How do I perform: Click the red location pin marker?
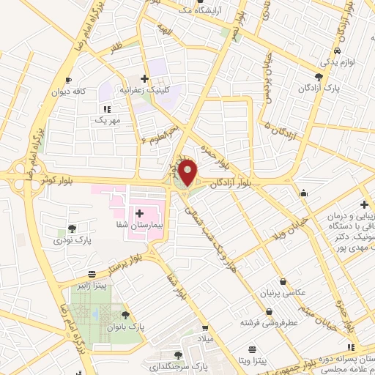(x=188, y=172)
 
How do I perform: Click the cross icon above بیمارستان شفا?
(x=139, y=212)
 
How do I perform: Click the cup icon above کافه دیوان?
(x=67, y=81)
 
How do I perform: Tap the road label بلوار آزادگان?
(x=230, y=183)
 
